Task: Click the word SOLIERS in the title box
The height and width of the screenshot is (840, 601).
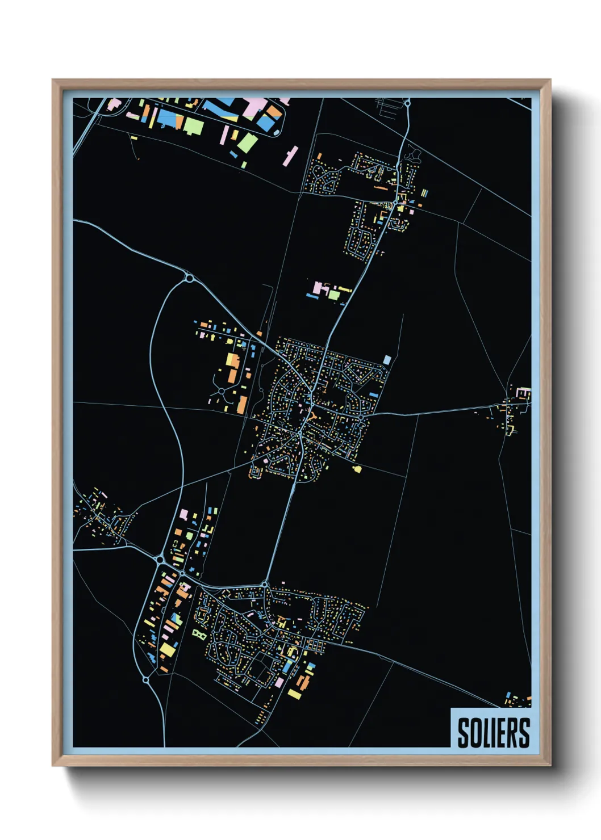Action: point(493,733)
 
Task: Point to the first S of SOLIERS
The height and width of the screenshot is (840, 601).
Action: point(463,733)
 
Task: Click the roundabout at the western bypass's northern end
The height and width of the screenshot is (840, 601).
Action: point(189,278)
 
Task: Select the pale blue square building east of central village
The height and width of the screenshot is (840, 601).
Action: point(387,359)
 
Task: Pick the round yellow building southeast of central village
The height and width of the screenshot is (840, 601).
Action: point(357,469)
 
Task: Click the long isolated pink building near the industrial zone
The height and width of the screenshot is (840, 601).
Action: point(290,156)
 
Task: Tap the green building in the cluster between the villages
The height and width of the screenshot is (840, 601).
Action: point(333,295)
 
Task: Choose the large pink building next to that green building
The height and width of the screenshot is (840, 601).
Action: point(319,288)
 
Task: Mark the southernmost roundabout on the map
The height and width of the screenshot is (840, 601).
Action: point(145,679)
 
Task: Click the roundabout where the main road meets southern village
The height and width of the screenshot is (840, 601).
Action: point(265,584)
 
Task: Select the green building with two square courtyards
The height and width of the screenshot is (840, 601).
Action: point(198,633)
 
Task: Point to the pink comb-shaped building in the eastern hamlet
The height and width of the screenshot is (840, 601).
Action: point(524,392)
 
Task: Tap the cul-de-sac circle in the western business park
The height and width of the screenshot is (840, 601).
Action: point(221,390)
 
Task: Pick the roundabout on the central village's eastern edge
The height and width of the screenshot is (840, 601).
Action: point(361,418)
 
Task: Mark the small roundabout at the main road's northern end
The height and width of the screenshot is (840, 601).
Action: point(407,103)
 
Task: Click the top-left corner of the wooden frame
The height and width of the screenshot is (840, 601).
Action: point(53,80)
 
